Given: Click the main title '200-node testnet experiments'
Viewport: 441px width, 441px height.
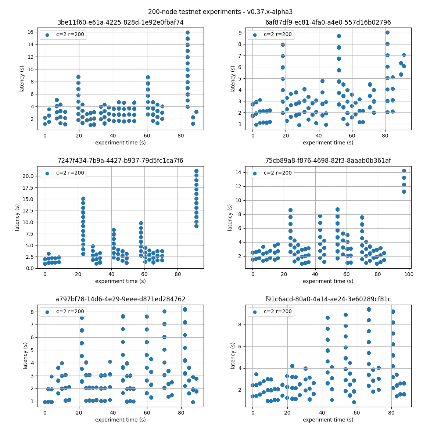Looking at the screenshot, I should (x=220, y=12).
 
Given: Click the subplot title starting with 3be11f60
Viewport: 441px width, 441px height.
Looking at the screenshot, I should (x=120, y=22).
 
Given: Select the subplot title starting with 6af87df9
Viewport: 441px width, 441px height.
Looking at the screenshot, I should (x=328, y=22).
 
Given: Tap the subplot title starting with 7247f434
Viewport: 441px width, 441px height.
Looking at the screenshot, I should (x=120, y=161).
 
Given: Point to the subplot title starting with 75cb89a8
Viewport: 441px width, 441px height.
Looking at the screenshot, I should (x=328, y=161).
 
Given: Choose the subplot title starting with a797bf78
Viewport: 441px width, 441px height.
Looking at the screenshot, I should (x=120, y=299).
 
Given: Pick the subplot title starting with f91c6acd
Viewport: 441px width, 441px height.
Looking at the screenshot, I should (x=328, y=299).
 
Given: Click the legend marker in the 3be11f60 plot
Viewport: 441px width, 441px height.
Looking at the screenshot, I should (x=47, y=35).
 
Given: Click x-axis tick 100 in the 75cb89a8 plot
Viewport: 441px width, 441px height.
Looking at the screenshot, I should (x=409, y=274).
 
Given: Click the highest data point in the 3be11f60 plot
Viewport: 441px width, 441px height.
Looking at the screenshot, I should (x=187, y=33).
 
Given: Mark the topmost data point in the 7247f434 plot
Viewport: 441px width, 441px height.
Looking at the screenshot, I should (x=196, y=171).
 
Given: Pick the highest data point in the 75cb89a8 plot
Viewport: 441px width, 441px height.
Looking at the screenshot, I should (x=404, y=171).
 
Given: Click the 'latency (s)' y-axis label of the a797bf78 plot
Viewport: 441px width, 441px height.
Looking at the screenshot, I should (x=25, y=356).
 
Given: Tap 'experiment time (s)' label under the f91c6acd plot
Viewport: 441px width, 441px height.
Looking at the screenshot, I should (x=328, y=419).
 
